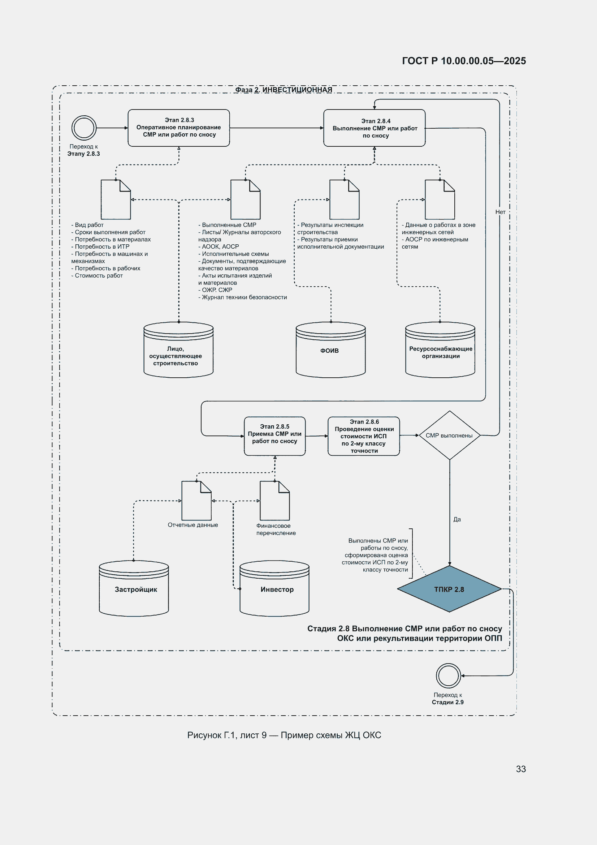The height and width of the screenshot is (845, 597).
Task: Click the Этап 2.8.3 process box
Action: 179,128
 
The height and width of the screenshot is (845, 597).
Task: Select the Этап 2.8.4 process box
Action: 375,128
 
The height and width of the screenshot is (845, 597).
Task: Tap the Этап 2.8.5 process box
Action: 275,436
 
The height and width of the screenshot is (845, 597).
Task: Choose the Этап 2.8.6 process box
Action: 364,436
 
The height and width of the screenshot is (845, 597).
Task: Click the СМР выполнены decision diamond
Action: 450,436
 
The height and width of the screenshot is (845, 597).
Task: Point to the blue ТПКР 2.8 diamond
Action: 450,589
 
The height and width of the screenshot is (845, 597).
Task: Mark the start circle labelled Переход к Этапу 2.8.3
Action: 84,128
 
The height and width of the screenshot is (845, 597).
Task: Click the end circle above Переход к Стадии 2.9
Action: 449,676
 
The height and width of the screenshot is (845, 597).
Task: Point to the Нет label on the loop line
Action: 500,212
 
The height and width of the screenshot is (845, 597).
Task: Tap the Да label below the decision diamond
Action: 457,519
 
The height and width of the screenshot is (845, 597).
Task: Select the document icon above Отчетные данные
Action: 196,501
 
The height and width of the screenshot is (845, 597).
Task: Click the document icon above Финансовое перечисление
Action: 275,501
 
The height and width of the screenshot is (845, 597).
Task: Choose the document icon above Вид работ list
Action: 116,200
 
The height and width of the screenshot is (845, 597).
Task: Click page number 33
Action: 521,769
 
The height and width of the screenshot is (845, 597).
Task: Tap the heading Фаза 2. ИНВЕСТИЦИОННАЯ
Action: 284,90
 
